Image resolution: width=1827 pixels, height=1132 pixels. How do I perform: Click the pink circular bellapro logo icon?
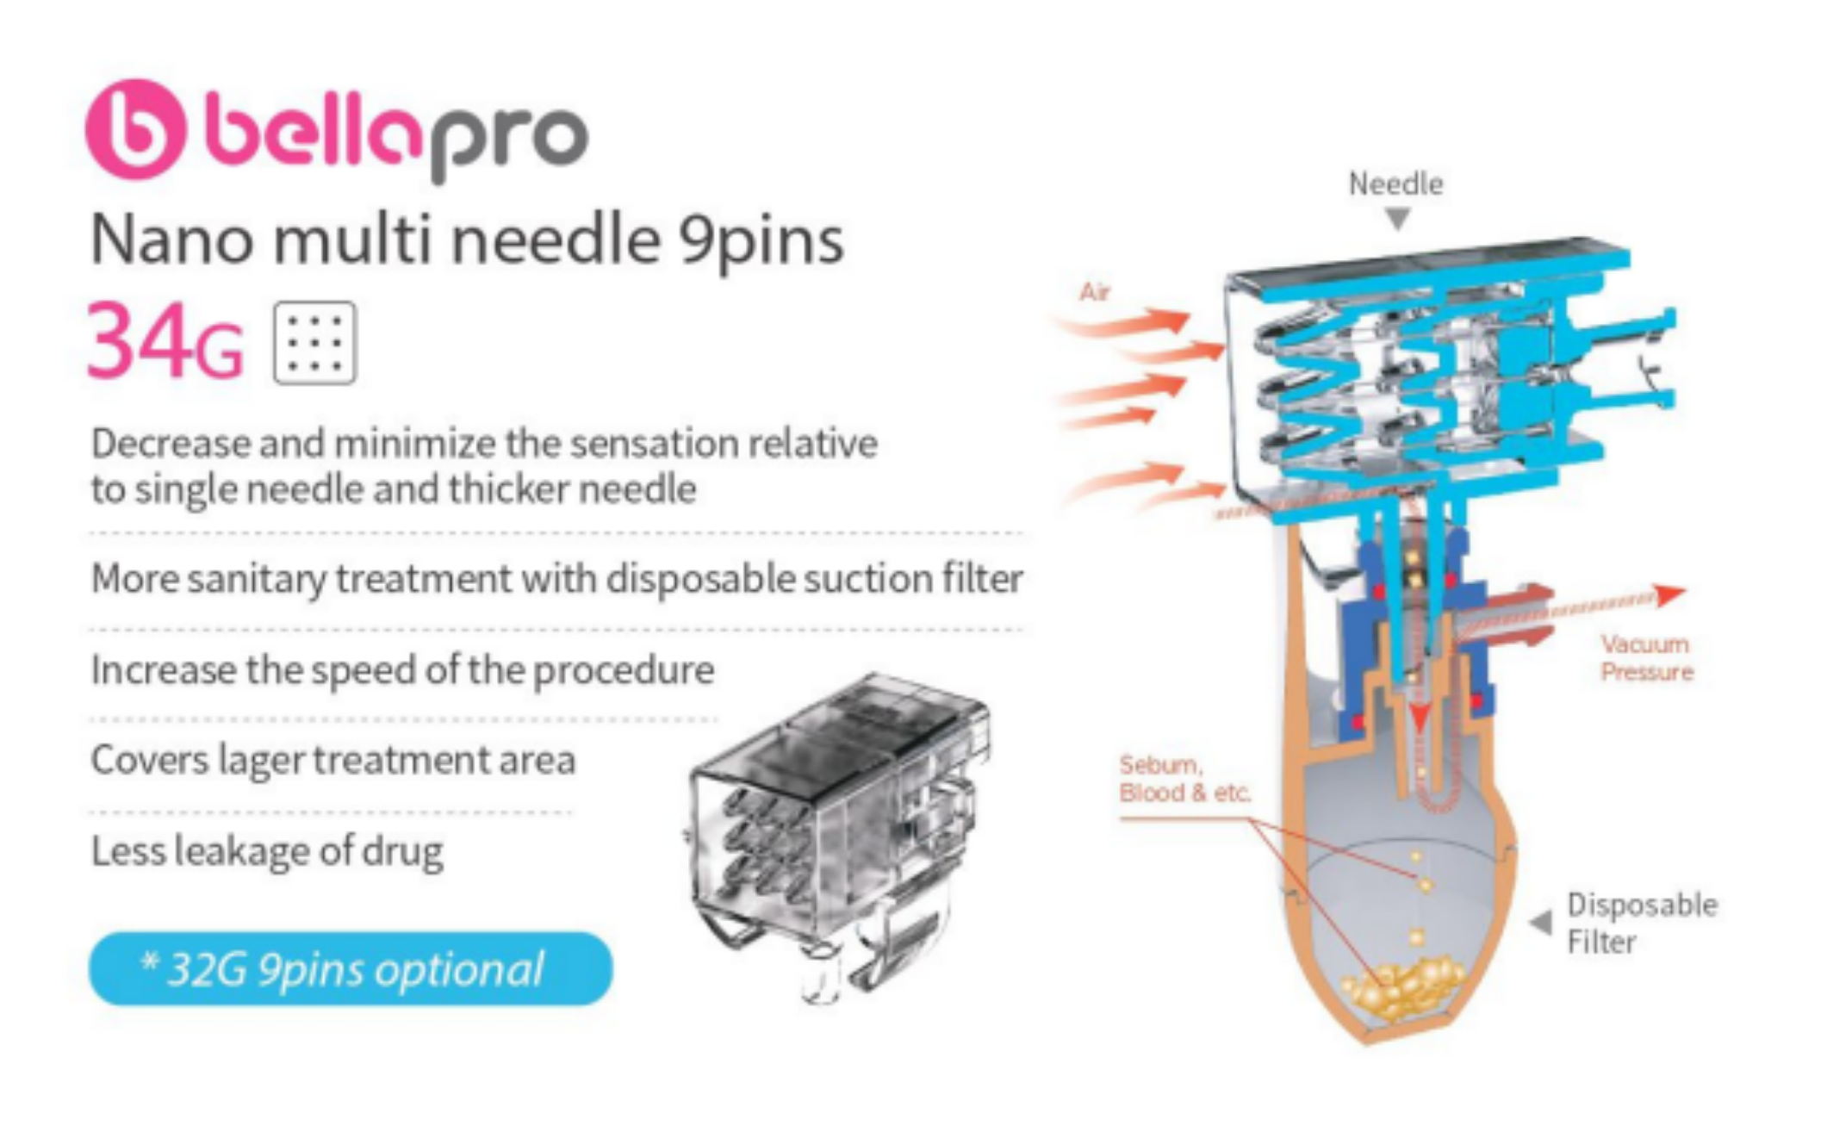pyautogui.click(x=135, y=129)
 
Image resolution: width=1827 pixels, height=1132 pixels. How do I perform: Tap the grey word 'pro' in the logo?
pyautogui.click(x=509, y=141)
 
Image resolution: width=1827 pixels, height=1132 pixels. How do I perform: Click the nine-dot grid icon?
pyautogui.click(x=314, y=342)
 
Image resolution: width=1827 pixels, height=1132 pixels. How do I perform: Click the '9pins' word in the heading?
pyautogui.click(x=761, y=242)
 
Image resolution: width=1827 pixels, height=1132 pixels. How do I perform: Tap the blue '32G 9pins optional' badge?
pyautogui.click(x=351, y=968)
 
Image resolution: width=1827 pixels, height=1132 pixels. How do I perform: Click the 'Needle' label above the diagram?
pyautogui.click(x=1395, y=183)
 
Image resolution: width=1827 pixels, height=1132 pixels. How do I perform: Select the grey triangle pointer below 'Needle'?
pyautogui.click(x=1398, y=219)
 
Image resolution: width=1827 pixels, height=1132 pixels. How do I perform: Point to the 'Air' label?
pyautogui.click(x=1095, y=292)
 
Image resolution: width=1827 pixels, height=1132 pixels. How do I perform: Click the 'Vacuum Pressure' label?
pyautogui.click(x=1646, y=657)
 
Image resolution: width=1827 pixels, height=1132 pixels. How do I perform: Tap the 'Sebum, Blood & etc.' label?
pyautogui.click(x=1184, y=778)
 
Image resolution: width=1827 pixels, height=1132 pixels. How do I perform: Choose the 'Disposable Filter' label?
pyautogui.click(x=1641, y=923)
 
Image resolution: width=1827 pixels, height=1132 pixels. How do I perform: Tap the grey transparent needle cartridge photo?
pyautogui.click(x=837, y=836)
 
